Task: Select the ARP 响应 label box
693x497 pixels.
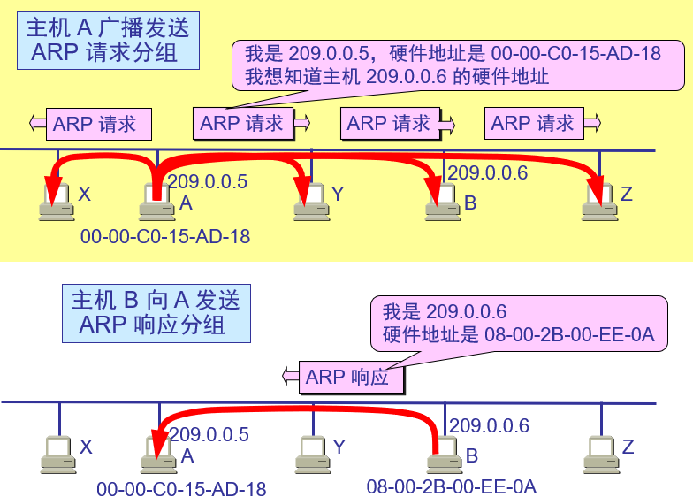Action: coord(351,378)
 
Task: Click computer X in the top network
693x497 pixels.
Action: coord(56,203)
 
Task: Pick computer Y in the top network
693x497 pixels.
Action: coord(309,203)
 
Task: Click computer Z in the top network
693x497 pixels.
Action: coord(598,203)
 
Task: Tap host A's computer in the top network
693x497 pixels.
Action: coord(156,204)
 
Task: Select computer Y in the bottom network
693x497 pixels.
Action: coord(311,453)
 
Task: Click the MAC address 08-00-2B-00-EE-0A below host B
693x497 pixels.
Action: coord(452,486)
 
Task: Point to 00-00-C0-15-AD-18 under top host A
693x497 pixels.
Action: coord(165,237)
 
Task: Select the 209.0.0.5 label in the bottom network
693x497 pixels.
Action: coord(209,435)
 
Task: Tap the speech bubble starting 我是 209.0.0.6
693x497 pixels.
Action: coord(519,323)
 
